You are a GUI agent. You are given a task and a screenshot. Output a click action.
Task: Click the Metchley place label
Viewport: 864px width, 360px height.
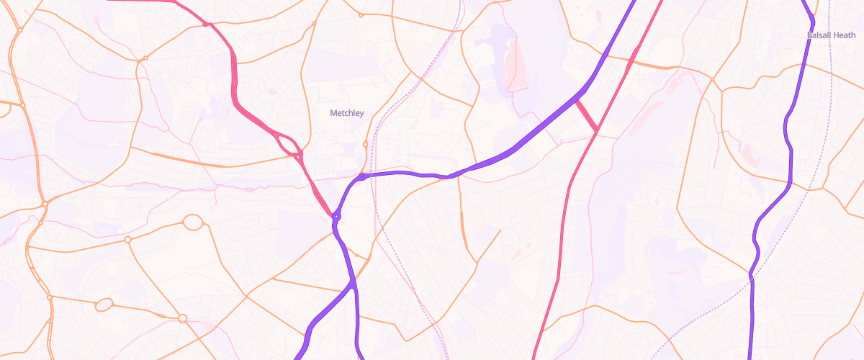(346, 113)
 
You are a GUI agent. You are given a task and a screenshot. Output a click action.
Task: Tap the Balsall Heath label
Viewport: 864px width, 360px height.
(827, 35)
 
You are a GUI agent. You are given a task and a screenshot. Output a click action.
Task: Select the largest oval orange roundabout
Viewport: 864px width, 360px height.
(193, 222)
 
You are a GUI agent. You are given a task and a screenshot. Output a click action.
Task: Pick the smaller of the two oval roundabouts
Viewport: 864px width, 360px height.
(104, 305)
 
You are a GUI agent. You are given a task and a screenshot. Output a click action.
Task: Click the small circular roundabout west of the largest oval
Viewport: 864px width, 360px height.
(127, 239)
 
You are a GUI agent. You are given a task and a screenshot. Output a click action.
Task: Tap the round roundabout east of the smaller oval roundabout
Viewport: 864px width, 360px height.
(182, 318)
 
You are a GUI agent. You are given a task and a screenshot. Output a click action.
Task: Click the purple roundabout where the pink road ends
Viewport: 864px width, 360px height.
(336, 215)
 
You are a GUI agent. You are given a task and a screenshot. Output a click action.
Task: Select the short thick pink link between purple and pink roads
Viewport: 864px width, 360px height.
(587, 115)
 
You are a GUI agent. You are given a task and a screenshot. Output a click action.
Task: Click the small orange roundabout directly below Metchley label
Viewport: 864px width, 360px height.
(366, 145)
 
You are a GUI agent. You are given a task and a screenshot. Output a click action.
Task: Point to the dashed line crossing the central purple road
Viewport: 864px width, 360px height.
(372, 175)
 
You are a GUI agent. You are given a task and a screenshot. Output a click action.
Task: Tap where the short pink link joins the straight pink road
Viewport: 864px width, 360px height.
(597, 132)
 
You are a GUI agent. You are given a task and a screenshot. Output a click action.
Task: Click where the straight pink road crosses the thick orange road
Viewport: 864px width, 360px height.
(630, 66)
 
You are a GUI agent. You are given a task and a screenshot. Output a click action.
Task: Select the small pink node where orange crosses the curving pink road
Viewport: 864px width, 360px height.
(207, 24)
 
